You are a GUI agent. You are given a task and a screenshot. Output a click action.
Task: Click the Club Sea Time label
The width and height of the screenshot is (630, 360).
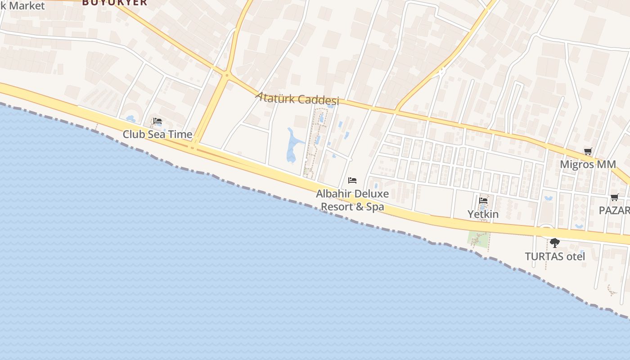[x=157, y=134]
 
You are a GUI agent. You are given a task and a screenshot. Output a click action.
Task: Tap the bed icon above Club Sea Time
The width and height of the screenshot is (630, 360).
[x=157, y=121]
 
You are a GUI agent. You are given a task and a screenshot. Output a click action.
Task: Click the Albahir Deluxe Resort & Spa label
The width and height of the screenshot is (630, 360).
[x=352, y=200]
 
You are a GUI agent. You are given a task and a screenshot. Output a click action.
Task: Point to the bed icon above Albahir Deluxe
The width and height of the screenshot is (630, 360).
[x=352, y=180]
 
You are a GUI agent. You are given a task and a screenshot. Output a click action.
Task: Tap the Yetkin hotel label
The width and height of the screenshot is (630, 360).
[x=483, y=214]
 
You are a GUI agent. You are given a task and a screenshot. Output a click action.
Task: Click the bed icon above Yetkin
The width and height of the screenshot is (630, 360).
[x=483, y=200]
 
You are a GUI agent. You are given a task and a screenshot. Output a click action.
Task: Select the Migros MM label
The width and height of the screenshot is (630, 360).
[x=588, y=164]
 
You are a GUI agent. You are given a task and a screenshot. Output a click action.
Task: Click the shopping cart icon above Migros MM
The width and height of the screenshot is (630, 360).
[x=588, y=151]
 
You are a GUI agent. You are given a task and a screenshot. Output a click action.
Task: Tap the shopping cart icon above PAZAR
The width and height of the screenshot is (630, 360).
[x=614, y=197]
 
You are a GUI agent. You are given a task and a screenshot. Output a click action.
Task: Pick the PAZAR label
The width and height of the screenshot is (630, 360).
[x=615, y=211]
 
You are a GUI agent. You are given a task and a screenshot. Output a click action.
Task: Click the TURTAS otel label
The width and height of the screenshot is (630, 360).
[x=555, y=256]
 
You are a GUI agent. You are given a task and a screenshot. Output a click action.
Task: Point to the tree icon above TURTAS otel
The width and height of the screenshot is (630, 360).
[x=555, y=243]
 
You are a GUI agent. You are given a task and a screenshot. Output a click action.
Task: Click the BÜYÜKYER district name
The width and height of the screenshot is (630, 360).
[x=114, y=3]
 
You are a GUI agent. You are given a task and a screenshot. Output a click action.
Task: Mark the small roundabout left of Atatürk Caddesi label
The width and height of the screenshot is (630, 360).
[x=227, y=75]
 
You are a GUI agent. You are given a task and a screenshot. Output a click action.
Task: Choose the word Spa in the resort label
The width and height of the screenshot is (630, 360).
[x=375, y=207]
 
